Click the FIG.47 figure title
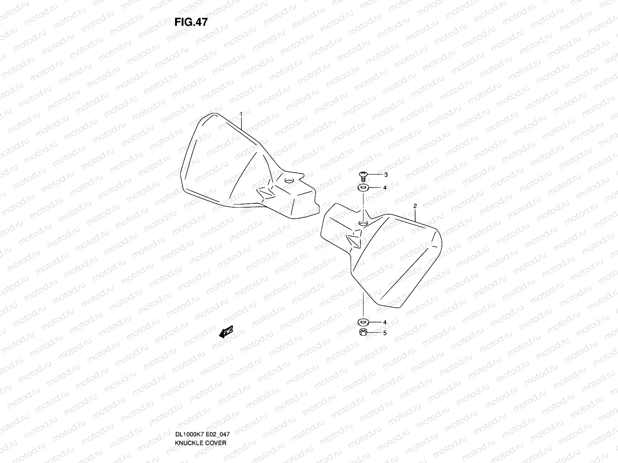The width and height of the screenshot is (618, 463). click(x=191, y=22)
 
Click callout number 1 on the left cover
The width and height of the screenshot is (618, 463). click(x=241, y=113)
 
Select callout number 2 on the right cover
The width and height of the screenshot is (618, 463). click(x=415, y=206)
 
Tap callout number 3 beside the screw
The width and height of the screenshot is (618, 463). click(x=385, y=175)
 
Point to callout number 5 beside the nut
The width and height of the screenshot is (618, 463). click(x=385, y=333)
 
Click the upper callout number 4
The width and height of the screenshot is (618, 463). click(x=385, y=188)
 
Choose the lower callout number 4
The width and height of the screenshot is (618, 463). click(x=385, y=322)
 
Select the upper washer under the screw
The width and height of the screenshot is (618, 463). click(x=363, y=188)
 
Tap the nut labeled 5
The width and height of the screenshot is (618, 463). click(x=363, y=333)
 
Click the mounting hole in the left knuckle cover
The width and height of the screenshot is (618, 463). click(x=288, y=181)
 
